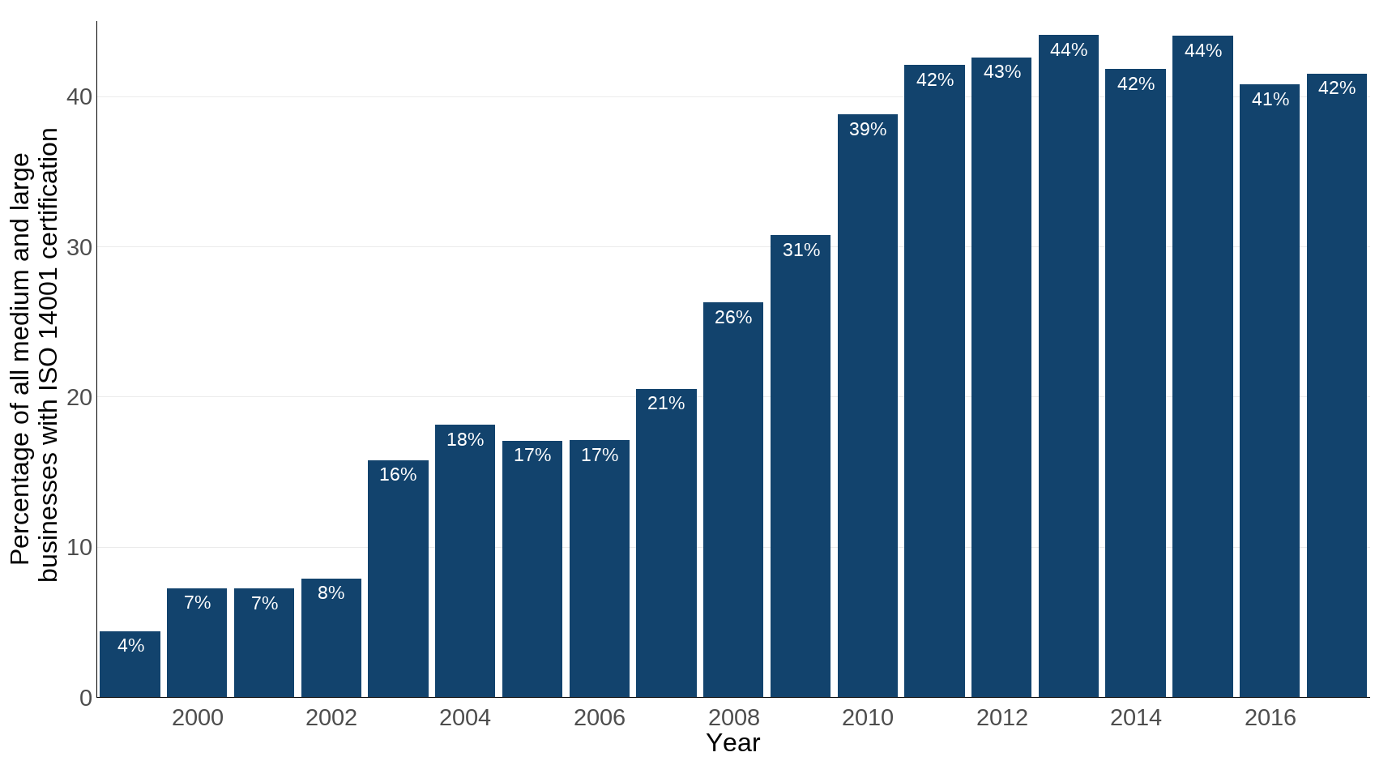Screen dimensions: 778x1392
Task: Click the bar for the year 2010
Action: point(867,405)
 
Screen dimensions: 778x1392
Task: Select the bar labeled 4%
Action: point(130,665)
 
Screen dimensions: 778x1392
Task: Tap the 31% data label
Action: point(801,250)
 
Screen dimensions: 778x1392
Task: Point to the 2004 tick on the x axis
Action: point(465,718)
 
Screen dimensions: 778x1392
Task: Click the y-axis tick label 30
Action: point(79,248)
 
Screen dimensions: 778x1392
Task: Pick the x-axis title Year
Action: point(732,743)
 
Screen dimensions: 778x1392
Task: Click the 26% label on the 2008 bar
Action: point(733,318)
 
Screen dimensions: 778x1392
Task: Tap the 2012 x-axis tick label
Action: point(1001,718)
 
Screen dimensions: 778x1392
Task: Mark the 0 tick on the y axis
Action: point(86,698)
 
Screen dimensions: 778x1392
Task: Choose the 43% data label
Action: point(1001,72)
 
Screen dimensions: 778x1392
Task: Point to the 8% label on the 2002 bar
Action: point(331,593)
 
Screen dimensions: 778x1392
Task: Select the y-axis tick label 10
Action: point(79,548)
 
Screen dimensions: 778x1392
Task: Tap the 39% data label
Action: point(867,130)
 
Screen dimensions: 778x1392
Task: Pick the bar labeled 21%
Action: point(666,543)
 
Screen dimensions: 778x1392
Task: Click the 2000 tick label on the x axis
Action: point(197,718)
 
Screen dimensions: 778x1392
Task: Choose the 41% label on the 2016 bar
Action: point(1270,100)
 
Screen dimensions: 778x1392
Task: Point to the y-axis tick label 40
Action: point(79,97)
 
